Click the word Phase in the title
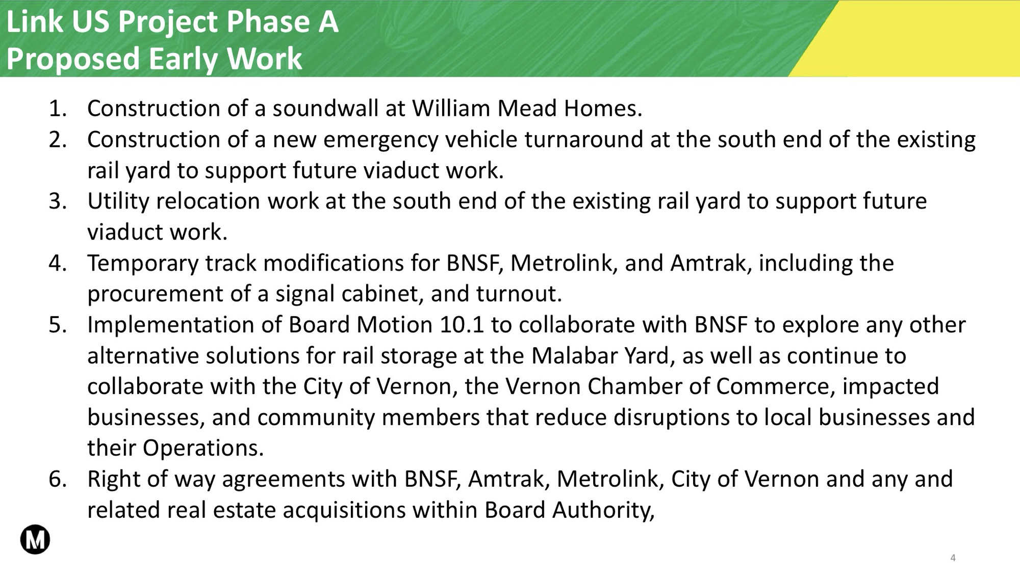268,22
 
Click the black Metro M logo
35,539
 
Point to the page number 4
953,558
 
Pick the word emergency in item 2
380,140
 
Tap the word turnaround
584,139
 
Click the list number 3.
58,201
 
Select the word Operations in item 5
203,449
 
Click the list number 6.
58,479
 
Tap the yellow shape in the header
918,39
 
